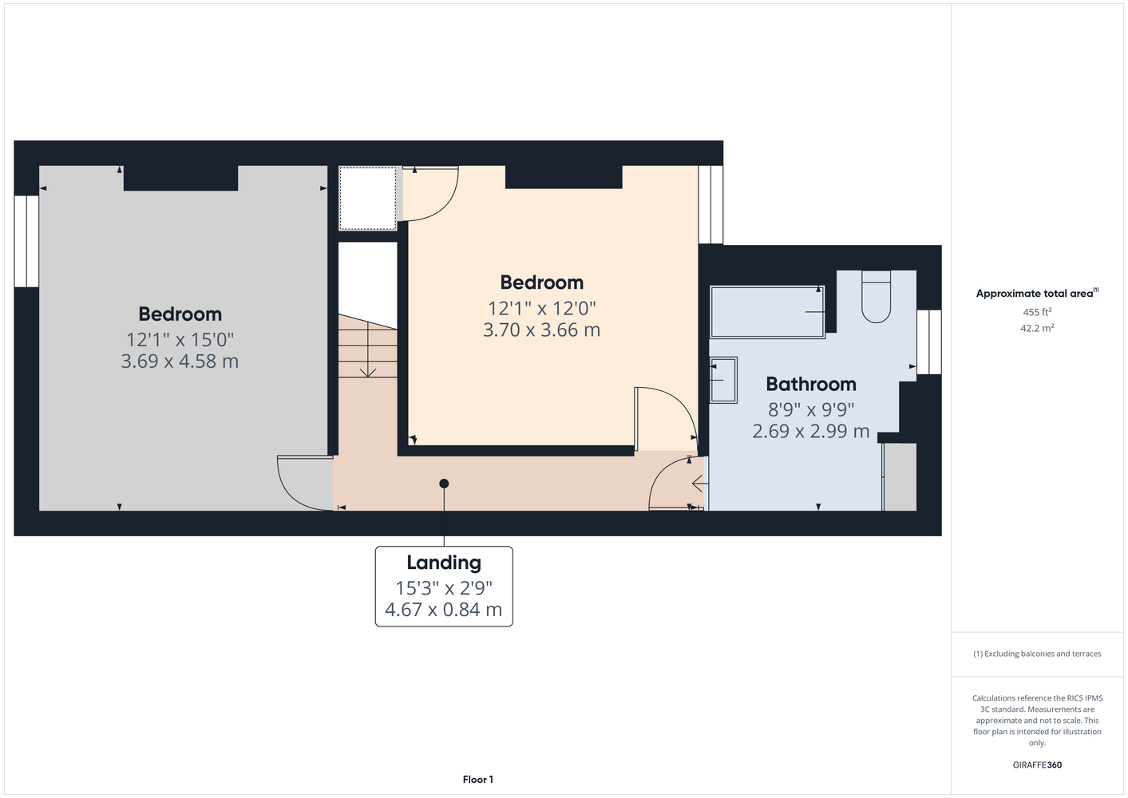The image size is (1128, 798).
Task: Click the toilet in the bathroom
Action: [x=877, y=296]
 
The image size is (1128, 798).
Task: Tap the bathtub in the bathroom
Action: [x=767, y=312]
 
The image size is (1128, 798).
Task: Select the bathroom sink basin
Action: [x=723, y=380]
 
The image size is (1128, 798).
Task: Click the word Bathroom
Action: [x=811, y=384]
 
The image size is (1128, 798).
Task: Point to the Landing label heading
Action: [x=444, y=563]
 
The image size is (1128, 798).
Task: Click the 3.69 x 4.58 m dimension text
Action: [x=180, y=361]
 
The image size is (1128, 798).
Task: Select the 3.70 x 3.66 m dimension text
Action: [x=541, y=330]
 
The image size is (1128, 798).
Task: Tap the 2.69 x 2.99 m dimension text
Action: [x=811, y=431]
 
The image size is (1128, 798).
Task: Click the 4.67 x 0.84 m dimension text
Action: [x=444, y=610]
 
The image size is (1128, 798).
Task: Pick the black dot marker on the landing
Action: [x=444, y=484]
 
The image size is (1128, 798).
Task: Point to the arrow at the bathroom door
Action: [x=700, y=484]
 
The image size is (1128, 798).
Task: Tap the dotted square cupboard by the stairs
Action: [x=367, y=199]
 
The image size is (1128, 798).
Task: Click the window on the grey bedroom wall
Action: [x=26, y=241]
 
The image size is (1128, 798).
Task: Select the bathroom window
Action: [x=928, y=342]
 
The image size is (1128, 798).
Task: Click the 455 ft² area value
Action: [x=1037, y=312]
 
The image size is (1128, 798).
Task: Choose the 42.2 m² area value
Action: [x=1037, y=328]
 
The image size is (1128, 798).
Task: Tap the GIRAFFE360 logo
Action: [x=1037, y=764]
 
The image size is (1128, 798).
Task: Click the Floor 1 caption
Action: [x=478, y=780]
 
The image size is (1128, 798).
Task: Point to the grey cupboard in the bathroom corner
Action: [x=900, y=476]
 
